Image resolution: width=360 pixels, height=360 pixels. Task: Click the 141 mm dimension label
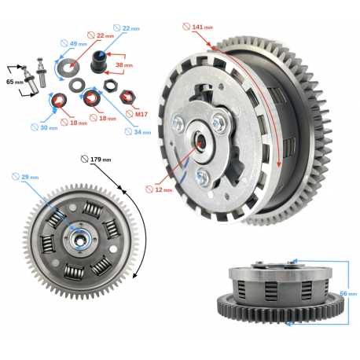[198, 27]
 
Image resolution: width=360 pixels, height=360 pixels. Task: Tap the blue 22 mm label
[127, 28]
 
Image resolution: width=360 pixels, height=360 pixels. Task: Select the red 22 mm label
[101, 35]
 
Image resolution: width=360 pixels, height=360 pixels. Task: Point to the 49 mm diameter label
[74, 43]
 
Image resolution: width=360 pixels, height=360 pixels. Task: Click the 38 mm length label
[124, 64]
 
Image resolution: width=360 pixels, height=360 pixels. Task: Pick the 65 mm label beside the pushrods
[15, 82]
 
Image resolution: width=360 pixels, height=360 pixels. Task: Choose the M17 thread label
[137, 114]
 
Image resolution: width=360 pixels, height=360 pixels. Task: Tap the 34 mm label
[138, 132]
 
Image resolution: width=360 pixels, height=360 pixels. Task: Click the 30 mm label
[44, 127]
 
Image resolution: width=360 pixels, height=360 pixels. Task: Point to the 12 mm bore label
[159, 189]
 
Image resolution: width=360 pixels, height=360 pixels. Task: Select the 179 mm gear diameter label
[96, 159]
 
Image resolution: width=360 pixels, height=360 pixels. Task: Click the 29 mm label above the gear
[25, 177]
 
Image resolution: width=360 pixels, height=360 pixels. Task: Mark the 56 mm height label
[348, 293]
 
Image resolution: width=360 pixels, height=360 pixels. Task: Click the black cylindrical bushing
[98, 62]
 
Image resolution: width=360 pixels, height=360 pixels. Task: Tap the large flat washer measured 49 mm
[67, 67]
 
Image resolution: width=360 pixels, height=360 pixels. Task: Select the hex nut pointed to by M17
[127, 97]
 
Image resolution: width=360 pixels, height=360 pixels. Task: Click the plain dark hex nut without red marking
[110, 86]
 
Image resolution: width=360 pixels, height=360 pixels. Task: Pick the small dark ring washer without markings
[76, 85]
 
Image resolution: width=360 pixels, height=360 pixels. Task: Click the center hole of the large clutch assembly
[200, 141]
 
